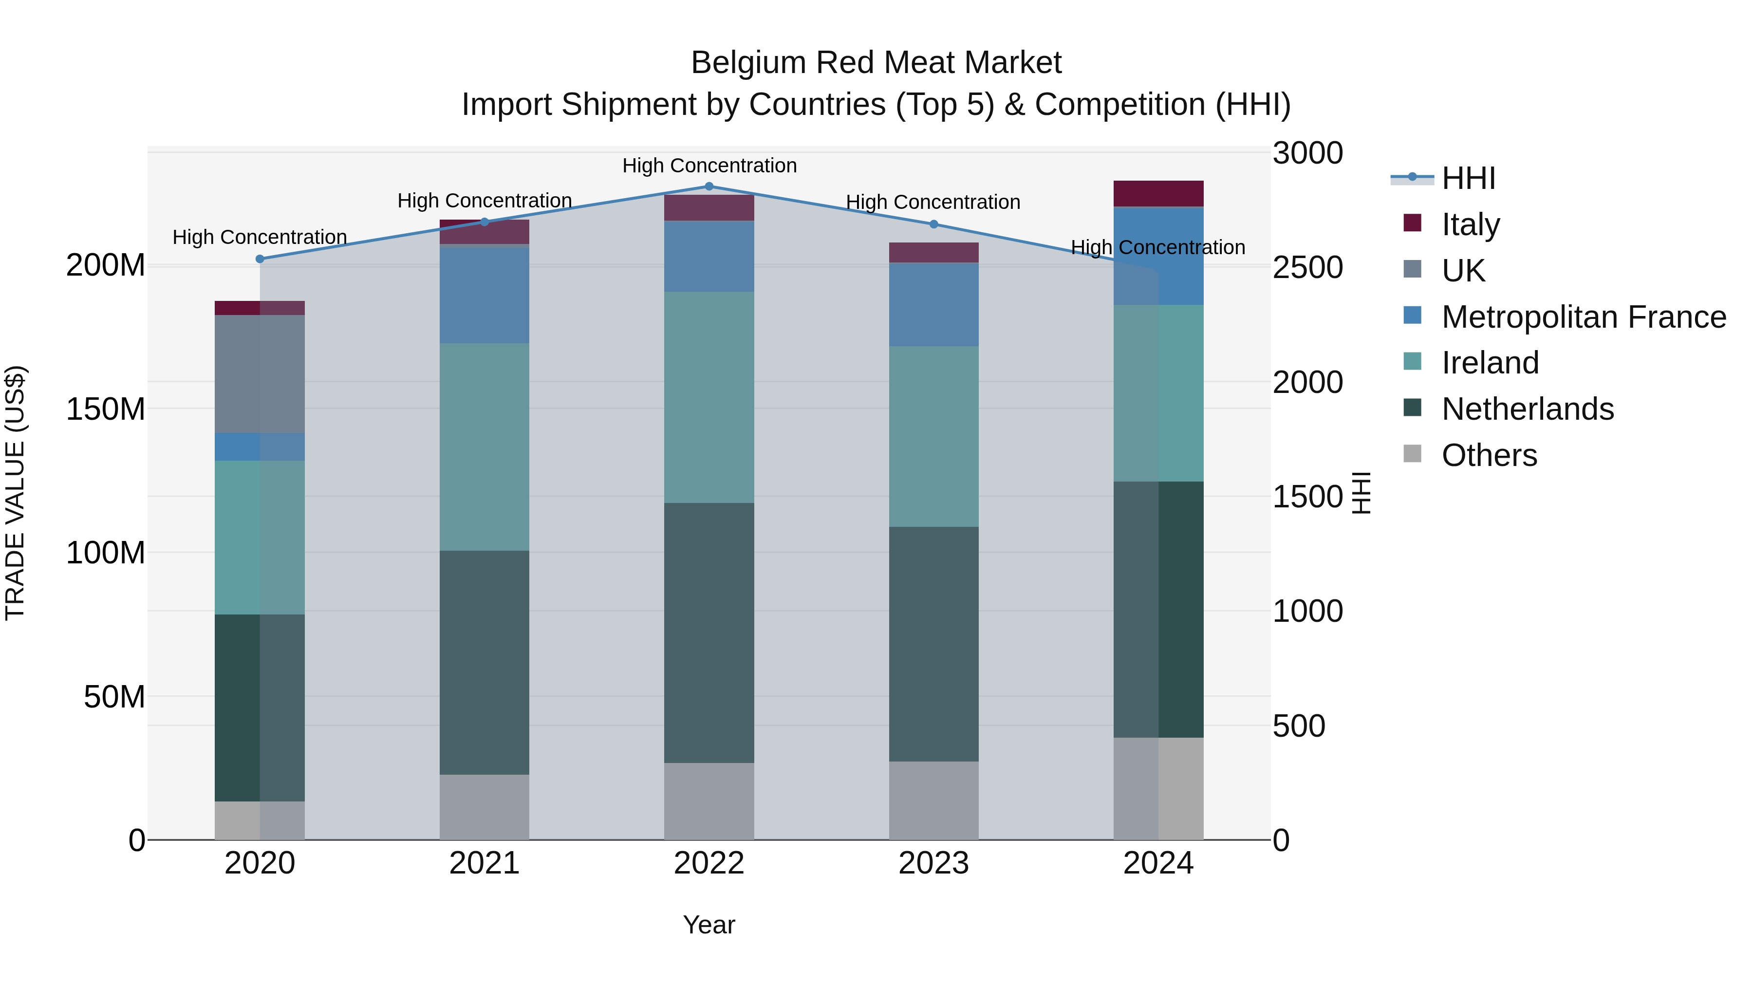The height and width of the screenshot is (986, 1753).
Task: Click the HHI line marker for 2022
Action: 709,186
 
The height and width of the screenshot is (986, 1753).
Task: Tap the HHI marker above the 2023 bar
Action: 933,224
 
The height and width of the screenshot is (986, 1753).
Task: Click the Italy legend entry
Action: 1470,224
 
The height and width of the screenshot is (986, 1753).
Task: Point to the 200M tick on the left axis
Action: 106,265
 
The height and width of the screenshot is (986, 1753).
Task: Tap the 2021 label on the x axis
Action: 484,863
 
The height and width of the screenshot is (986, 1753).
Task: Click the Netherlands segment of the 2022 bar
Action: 709,633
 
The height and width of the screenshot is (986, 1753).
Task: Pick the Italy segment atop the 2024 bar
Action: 1158,193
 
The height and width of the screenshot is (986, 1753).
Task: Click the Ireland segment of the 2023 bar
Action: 933,436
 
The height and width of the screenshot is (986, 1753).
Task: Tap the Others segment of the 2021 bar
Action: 484,807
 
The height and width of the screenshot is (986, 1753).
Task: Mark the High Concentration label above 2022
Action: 709,166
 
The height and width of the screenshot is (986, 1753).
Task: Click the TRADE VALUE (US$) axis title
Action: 15,493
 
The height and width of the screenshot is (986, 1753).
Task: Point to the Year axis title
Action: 709,925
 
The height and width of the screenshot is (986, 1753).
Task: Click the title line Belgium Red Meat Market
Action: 876,63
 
